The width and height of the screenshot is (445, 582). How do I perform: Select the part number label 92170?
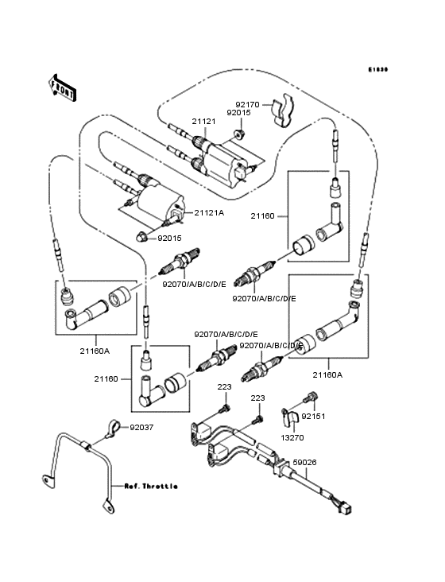(x=246, y=103)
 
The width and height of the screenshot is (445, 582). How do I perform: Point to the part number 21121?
(x=203, y=122)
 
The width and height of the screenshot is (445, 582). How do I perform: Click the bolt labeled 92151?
(x=311, y=398)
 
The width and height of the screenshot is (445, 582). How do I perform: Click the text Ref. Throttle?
(x=150, y=486)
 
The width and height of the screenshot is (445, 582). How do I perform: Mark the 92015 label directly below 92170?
(x=239, y=113)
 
